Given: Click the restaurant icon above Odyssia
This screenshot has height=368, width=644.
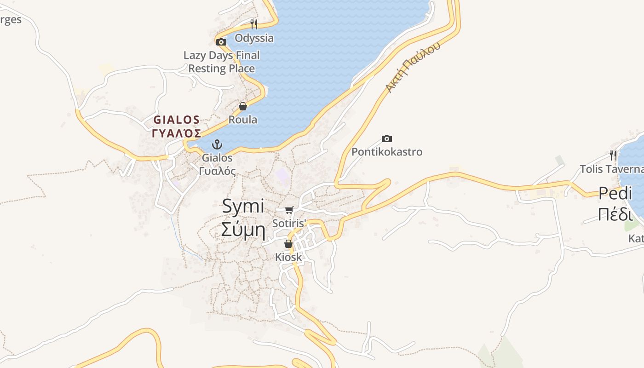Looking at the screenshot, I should (x=253, y=24).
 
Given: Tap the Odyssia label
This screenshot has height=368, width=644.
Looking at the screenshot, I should (x=254, y=38).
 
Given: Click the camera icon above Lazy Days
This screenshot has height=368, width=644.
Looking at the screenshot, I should (x=221, y=42).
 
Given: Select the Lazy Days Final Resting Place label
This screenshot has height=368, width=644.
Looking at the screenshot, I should (x=222, y=62).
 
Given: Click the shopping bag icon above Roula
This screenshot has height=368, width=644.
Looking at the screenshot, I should (x=243, y=107).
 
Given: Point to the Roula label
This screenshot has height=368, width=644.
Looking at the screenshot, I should (x=243, y=120).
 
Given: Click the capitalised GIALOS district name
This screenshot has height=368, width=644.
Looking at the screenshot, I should (x=177, y=120).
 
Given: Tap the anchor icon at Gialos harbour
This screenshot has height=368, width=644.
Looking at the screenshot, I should (x=217, y=145).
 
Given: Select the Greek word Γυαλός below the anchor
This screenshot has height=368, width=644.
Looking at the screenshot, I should (x=218, y=171).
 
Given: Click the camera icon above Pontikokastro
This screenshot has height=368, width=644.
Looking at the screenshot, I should (x=387, y=138).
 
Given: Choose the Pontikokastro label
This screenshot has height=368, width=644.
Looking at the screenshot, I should (x=387, y=152).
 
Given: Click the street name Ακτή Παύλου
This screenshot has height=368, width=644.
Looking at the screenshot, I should (x=413, y=67).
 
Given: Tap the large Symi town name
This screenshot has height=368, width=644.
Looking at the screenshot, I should (x=243, y=206).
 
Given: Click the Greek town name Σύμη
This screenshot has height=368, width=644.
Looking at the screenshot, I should (x=243, y=229).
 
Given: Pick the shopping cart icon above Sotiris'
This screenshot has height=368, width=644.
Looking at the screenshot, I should (x=289, y=210).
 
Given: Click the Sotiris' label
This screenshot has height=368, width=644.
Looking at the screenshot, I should (x=289, y=224).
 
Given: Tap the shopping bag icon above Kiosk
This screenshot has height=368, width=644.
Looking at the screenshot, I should (x=288, y=244).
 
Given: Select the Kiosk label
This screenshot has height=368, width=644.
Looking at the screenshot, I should (x=288, y=257).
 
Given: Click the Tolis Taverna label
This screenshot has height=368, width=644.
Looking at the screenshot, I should (x=611, y=169).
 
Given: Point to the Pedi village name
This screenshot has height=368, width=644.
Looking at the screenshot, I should (x=615, y=194).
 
